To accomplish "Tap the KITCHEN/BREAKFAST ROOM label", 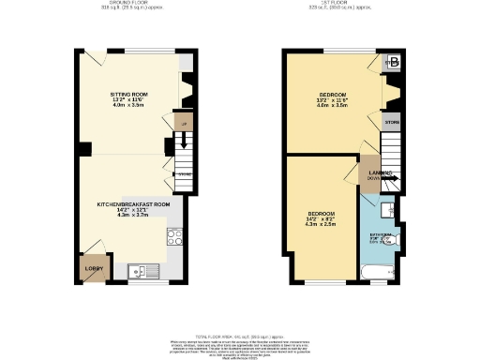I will [x=135, y=203].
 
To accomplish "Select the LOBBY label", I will [x=94, y=268].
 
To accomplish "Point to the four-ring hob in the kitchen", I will [x=173, y=237].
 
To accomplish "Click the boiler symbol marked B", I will [x=393, y=64].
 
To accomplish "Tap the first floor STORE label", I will [x=392, y=122].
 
